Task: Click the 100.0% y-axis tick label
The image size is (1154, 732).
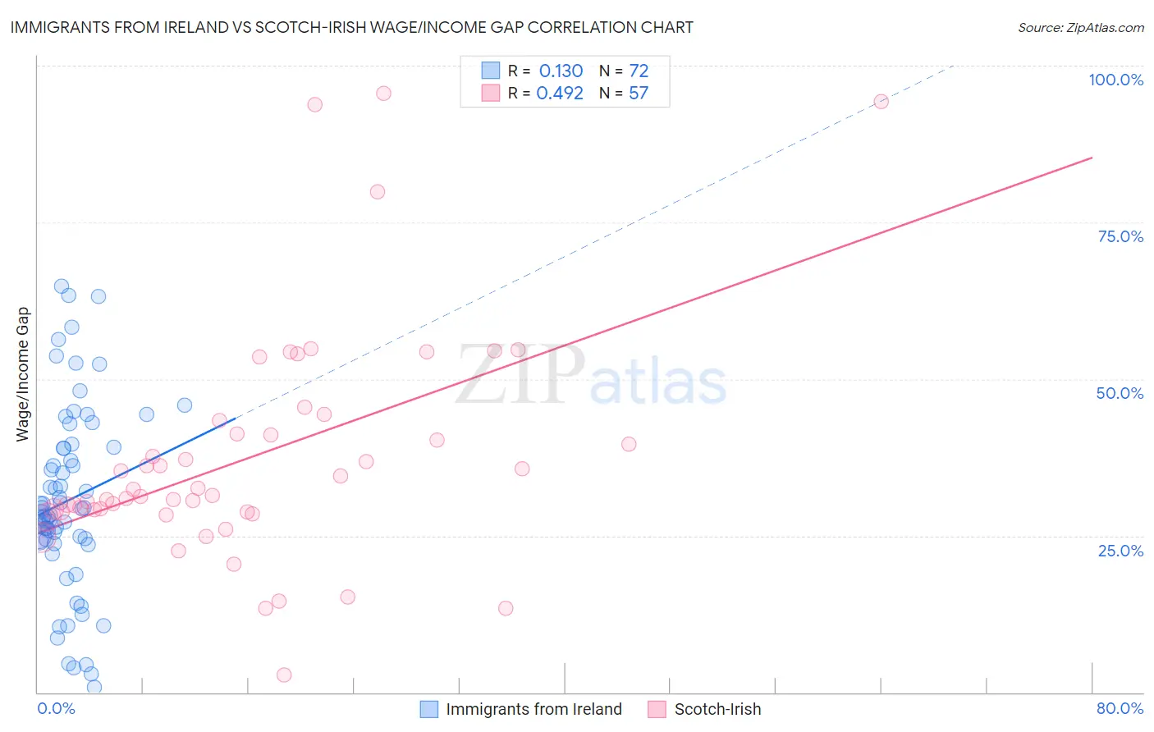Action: pyautogui.click(x=1115, y=80)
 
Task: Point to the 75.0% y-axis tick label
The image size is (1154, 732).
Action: pyautogui.click(x=1120, y=236)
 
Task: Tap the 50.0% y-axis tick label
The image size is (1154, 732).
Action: pyautogui.click(x=1120, y=393)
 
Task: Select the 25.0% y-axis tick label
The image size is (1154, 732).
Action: pyautogui.click(x=1120, y=551)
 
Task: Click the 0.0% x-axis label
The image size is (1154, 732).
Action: pyautogui.click(x=56, y=708)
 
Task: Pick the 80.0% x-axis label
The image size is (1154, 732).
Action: pyautogui.click(x=1120, y=708)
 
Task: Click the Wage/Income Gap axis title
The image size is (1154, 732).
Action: pyautogui.click(x=23, y=374)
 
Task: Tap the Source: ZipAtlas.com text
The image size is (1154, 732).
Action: pyautogui.click(x=1080, y=27)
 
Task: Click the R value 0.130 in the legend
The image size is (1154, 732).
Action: pyautogui.click(x=561, y=71)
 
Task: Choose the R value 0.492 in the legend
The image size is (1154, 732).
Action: pyautogui.click(x=560, y=94)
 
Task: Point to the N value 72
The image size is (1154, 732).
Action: pyautogui.click(x=639, y=71)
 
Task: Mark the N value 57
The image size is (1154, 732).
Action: pyautogui.click(x=639, y=94)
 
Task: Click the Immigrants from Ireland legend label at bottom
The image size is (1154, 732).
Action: pyautogui.click(x=533, y=709)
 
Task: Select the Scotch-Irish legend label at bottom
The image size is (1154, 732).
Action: pyautogui.click(x=717, y=709)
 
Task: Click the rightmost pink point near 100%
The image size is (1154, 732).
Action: pyautogui.click(x=881, y=102)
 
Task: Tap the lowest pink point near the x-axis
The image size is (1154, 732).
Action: pyautogui.click(x=284, y=675)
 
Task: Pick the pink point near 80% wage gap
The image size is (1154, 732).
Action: pyautogui.click(x=378, y=192)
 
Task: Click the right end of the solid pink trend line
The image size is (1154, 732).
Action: pyautogui.click(x=1092, y=158)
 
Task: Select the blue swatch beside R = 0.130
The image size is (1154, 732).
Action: pyautogui.click(x=491, y=71)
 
